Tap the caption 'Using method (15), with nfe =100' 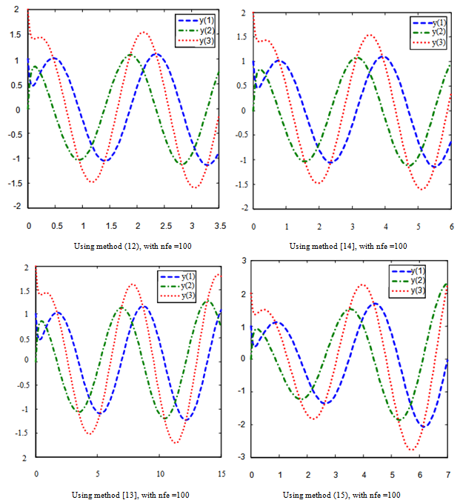pos(342,494)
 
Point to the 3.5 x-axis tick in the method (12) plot pos(219,224)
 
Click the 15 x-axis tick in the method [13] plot pos(221,473)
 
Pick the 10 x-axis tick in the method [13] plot pos(159,473)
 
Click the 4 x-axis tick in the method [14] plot pos(385,225)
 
